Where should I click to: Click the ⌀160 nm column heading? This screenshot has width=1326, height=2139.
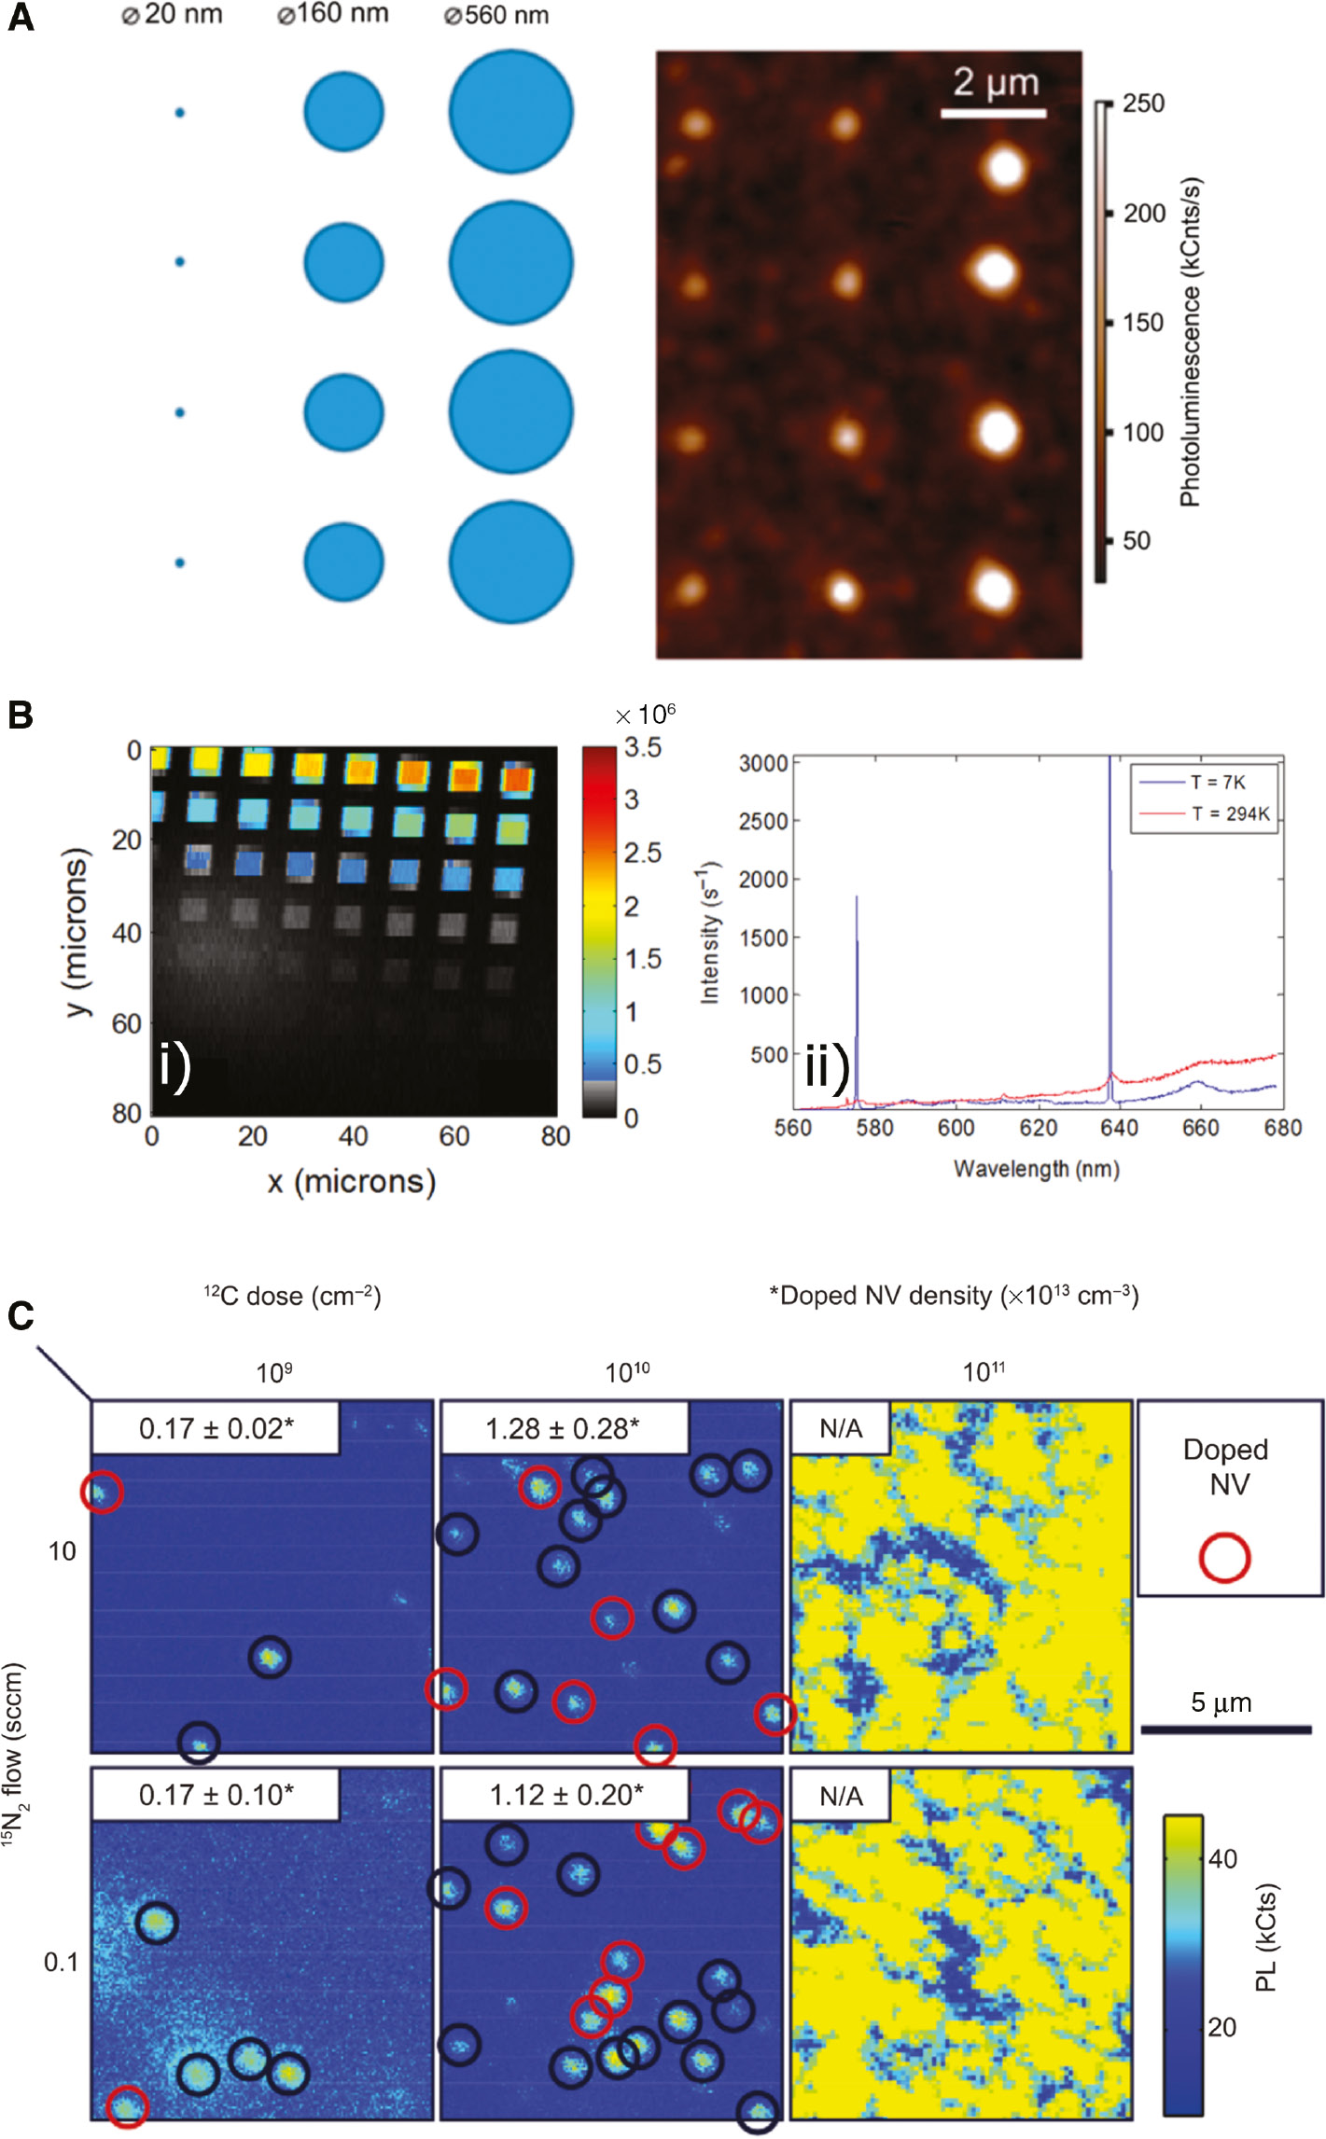click(333, 15)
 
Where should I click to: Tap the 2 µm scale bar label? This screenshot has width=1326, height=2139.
click(995, 83)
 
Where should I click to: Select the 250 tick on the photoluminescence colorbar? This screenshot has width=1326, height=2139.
click(1143, 104)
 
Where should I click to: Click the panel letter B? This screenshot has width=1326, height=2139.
click(21, 715)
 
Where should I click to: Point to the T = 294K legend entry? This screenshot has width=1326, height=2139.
click(1230, 813)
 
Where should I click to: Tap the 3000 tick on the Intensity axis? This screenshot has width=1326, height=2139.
click(763, 763)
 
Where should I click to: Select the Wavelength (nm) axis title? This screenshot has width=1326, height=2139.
click(1036, 1169)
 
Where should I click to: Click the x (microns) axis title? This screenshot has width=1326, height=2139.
click(352, 1181)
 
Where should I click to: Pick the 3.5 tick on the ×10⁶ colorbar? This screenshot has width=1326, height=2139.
click(643, 747)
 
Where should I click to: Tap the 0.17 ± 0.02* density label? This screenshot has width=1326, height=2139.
click(216, 1428)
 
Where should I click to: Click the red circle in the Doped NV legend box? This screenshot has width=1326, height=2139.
click(1224, 1558)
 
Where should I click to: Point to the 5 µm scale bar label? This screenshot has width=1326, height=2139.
click(1221, 1702)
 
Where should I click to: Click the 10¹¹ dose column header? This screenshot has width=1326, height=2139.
click(984, 1372)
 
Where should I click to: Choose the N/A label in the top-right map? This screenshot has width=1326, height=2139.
click(840, 1428)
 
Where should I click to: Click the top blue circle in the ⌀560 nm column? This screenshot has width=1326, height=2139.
click(510, 112)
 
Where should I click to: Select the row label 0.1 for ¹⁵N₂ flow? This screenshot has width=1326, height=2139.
click(62, 1962)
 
